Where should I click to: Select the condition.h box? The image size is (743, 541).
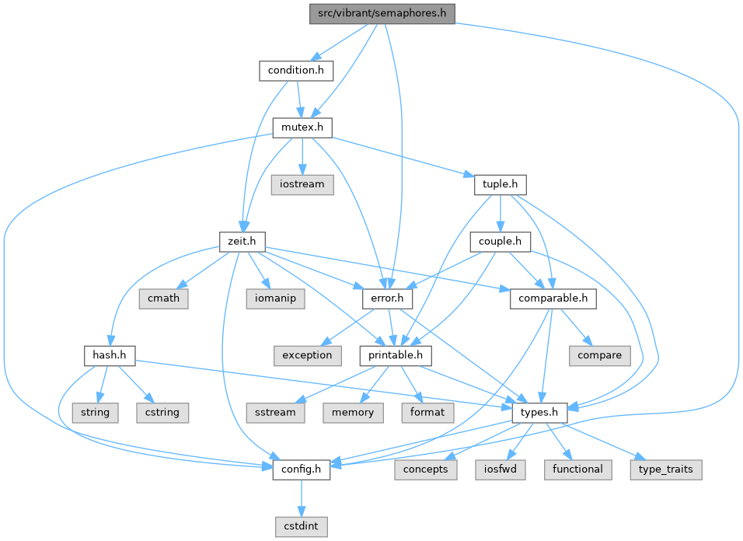click(295, 71)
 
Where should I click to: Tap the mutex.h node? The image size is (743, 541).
click(302, 127)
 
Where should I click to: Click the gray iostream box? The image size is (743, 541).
click(302, 184)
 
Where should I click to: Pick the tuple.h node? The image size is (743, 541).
click(500, 184)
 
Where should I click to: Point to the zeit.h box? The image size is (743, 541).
click(241, 242)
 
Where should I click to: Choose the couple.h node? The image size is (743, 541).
click(500, 242)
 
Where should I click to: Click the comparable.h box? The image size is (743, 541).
click(553, 298)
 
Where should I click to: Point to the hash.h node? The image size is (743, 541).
click(109, 355)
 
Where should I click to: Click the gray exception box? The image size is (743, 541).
click(307, 355)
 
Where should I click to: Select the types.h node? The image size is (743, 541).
click(539, 413)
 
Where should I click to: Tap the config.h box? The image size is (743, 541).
click(302, 469)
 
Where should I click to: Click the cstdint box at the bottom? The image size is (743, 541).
click(302, 526)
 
